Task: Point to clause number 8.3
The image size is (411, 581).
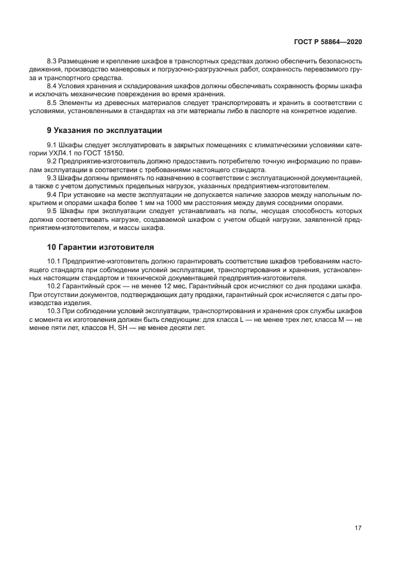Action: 53,62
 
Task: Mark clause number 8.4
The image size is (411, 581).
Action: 53,86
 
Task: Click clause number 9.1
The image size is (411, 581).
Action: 53,145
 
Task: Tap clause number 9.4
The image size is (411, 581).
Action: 53,194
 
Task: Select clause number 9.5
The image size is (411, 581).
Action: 53,210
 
